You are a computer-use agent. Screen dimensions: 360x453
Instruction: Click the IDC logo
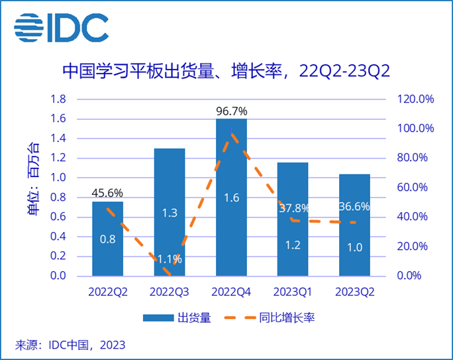[61, 27]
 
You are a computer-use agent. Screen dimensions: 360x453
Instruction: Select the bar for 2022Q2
[107, 239]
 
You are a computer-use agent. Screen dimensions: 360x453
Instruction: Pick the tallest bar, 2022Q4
[231, 199]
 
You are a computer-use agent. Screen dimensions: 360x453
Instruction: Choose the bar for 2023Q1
[293, 219]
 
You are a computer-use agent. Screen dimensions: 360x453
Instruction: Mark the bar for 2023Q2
[354, 225]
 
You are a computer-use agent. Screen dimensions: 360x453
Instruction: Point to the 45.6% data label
[107, 192]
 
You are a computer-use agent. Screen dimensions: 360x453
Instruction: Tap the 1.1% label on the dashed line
[170, 259]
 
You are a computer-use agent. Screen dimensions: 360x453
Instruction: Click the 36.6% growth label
[354, 206]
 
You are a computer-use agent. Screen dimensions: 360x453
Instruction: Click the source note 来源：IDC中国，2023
[70, 345]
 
